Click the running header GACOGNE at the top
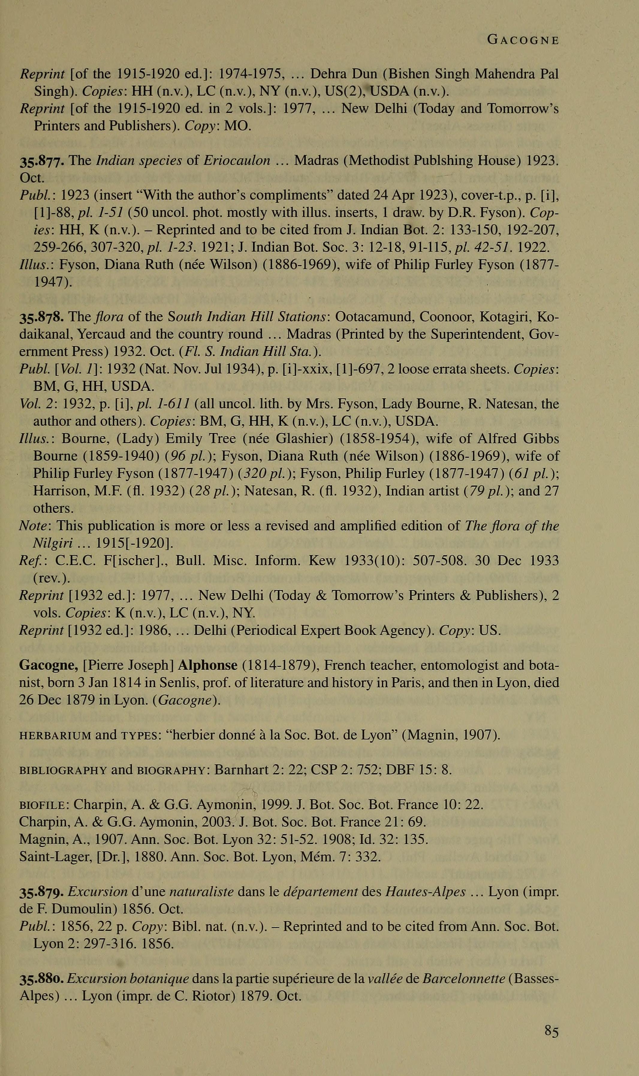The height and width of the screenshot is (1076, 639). pos(523,40)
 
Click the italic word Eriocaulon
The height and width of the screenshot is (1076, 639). pos(237,161)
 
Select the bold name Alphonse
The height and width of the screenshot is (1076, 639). pos(207,665)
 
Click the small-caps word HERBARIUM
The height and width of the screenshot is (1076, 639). pos(55,735)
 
